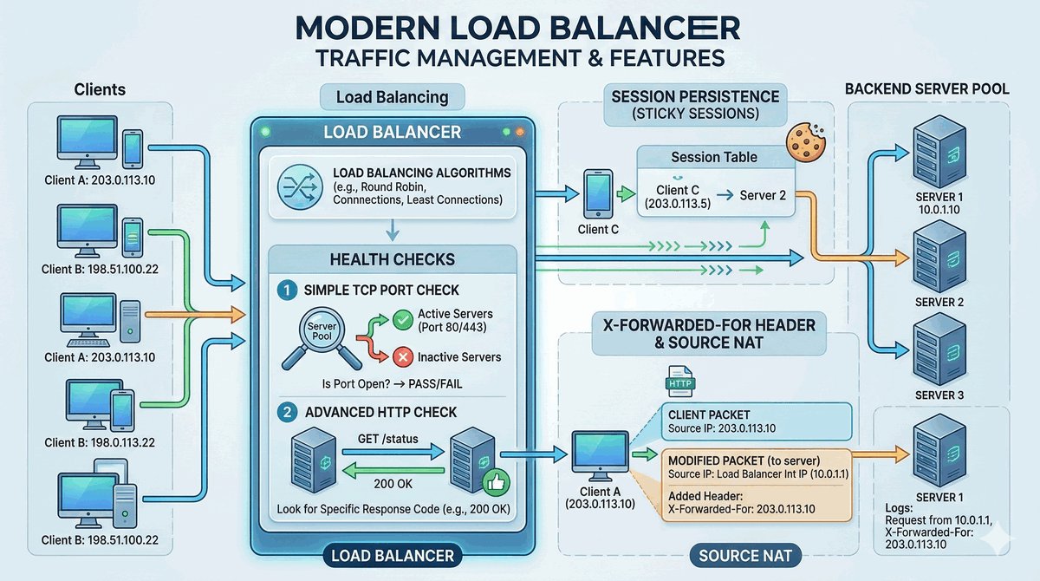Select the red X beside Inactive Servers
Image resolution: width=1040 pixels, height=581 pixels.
(402, 356)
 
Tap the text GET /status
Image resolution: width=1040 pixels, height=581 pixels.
(387, 438)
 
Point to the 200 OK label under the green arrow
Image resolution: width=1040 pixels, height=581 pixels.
(392, 483)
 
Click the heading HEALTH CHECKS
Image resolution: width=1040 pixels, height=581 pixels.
(392, 259)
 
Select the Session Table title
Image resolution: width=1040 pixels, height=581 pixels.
(714, 157)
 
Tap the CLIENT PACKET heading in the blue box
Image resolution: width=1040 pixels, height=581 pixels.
(709, 415)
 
